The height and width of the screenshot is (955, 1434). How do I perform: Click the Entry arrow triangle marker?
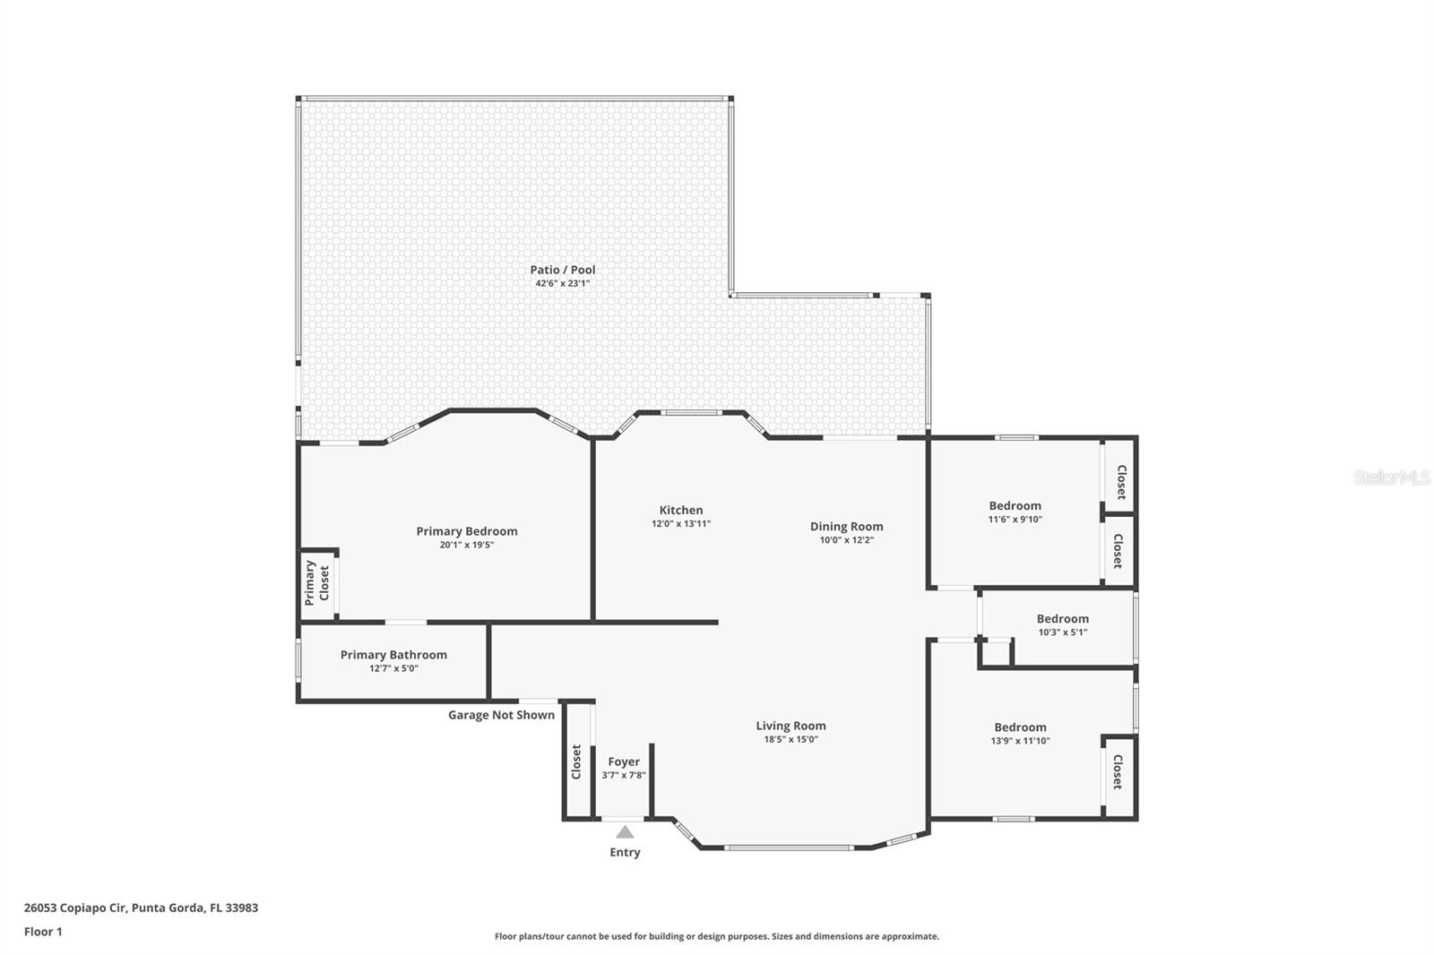(625, 832)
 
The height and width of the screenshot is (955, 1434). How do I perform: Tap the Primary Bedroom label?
(466, 531)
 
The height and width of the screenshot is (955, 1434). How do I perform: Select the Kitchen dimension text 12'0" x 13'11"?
(681, 524)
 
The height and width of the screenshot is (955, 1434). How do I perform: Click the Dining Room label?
(846, 527)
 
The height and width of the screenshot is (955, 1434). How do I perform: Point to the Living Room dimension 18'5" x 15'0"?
(790, 740)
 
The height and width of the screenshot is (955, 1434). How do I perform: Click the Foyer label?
(624, 762)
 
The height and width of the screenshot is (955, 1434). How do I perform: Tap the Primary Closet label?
(316, 583)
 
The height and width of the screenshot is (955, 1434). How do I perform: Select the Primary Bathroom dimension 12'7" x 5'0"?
(393, 668)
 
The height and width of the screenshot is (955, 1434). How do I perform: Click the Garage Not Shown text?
(501, 715)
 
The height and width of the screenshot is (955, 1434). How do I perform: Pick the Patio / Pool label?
(562, 270)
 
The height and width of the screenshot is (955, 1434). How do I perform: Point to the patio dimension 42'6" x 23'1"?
(562, 283)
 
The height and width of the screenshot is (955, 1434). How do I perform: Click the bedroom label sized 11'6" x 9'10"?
(1015, 506)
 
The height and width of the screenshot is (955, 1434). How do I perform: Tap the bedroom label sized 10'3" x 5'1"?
(1062, 619)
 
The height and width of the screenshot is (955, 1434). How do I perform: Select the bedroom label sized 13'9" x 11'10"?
(1020, 727)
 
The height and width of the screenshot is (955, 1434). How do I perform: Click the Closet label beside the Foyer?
(576, 761)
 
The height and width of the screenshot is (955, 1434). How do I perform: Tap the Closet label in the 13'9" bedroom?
(1118, 771)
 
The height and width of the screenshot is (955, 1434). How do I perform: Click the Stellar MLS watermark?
(1391, 477)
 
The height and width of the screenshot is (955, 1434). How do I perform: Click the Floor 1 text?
(43, 932)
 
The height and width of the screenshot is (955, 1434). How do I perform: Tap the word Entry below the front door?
(625, 853)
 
